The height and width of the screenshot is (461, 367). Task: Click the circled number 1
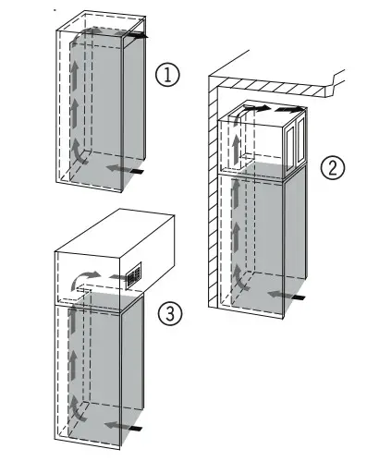tap(167, 75)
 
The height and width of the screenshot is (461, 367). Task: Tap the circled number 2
tap(333, 167)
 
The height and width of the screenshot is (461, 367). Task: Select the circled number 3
tap(170, 313)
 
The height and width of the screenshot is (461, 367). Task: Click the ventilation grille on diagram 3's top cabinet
tap(134, 275)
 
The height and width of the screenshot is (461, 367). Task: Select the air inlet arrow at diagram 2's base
tap(287, 296)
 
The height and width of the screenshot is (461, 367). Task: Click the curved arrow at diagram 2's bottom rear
tap(241, 279)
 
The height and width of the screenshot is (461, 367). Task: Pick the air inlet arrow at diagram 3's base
tap(123, 427)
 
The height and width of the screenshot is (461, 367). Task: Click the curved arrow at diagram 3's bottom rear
tap(77, 409)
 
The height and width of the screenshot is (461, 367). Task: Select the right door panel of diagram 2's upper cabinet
tap(301, 140)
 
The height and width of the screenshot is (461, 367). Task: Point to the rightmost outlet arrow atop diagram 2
tap(289, 109)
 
